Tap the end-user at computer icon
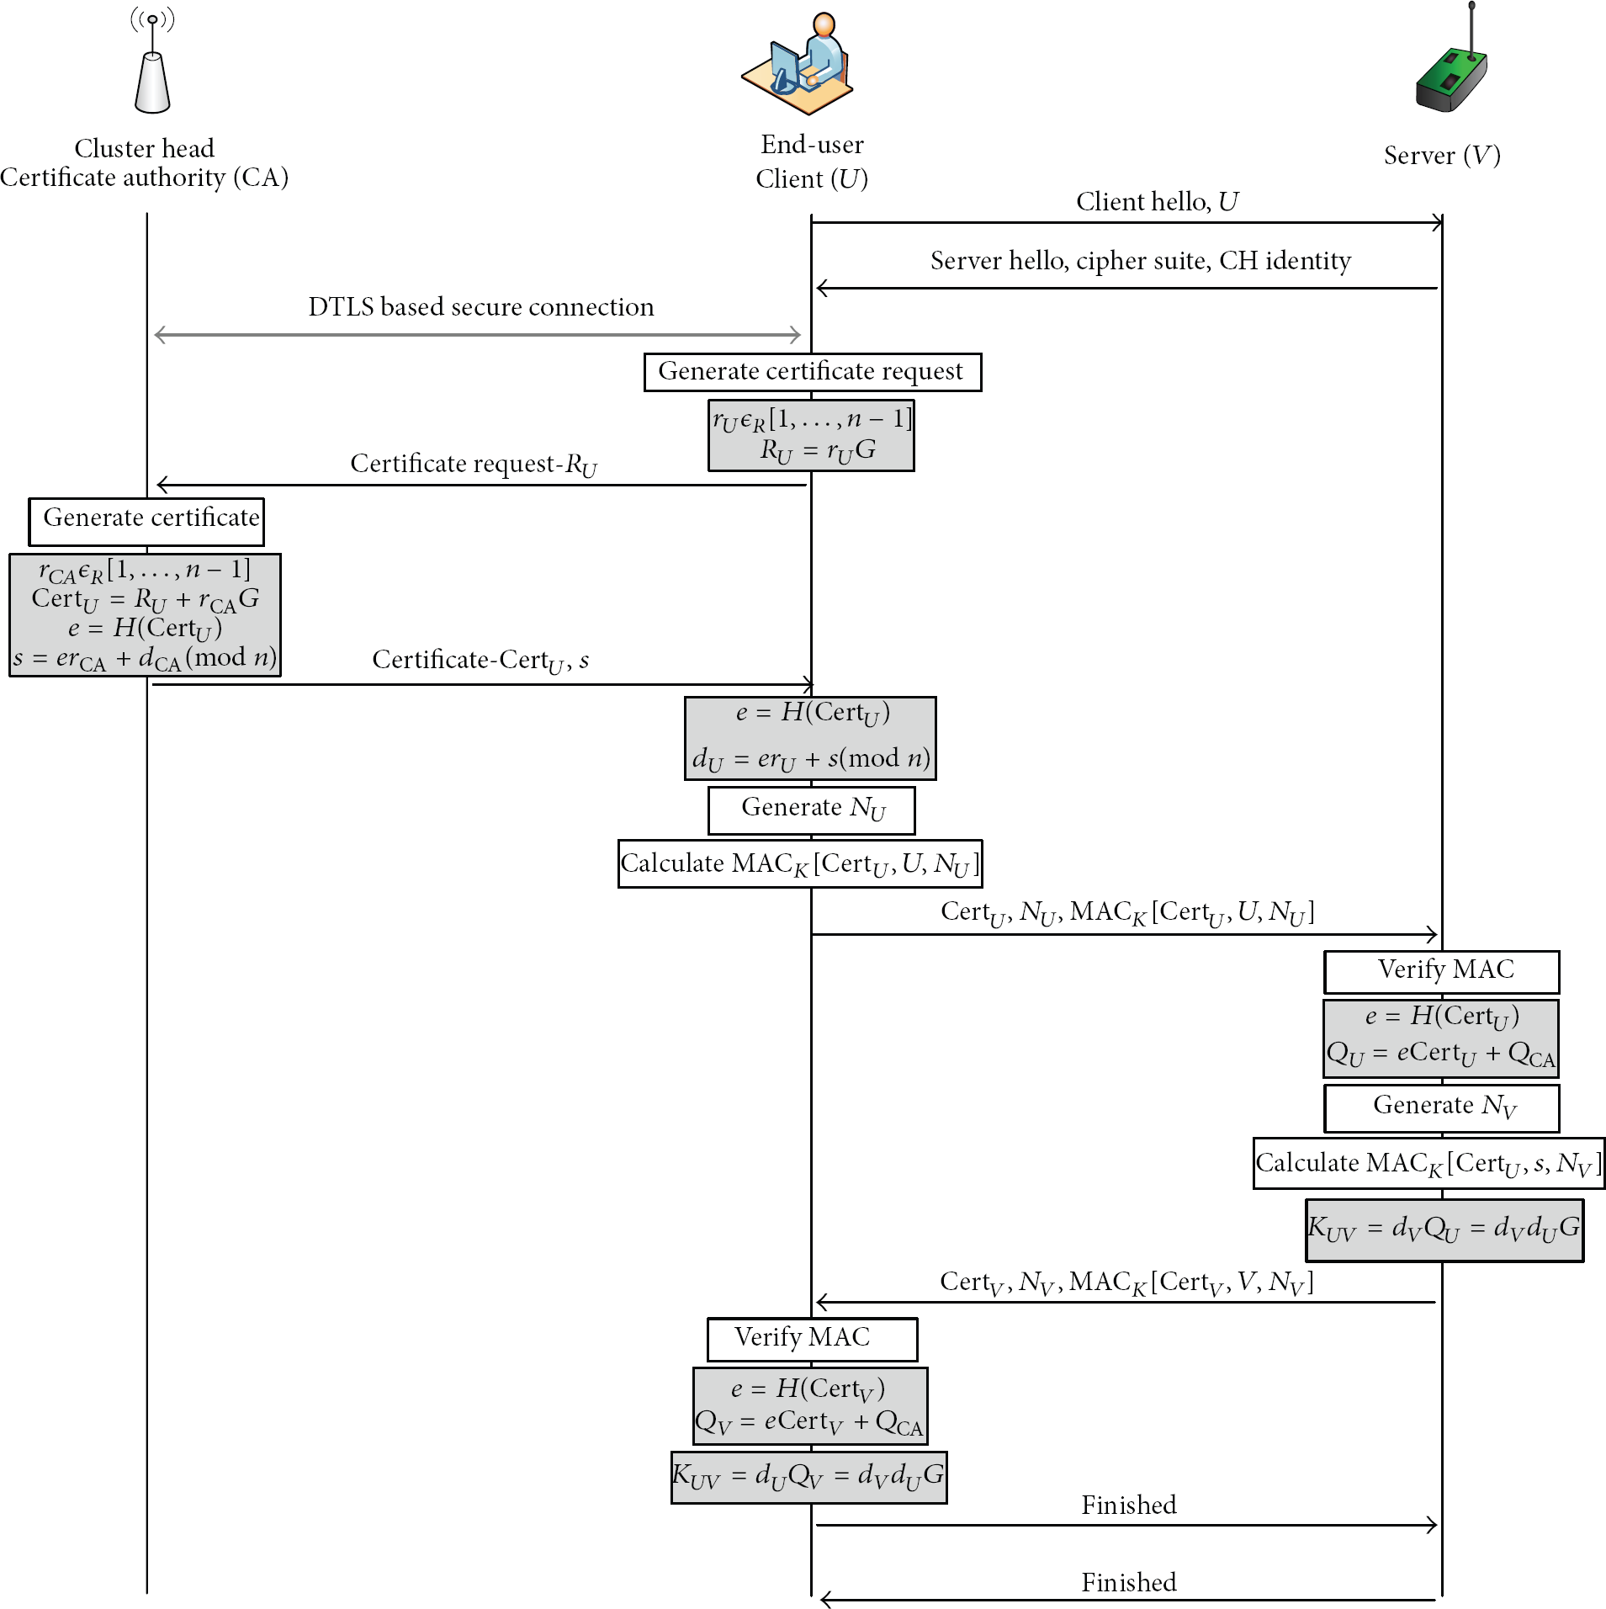pos(798,64)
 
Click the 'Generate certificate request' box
pos(813,372)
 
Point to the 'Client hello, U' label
pos(1157,202)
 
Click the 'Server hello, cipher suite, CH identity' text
pos(1141,261)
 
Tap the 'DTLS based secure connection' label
pos(481,307)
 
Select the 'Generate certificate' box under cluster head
pos(146,522)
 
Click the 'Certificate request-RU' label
pos(474,465)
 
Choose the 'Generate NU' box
pos(812,810)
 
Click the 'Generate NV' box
pos(1442,1108)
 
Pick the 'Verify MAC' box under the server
pos(1442,972)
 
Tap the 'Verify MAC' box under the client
pos(813,1339)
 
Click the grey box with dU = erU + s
pos(810,738)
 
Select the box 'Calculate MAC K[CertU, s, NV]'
pos(1429,1164)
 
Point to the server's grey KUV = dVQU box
pos(1444,1230)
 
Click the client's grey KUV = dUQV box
pos(809,1477)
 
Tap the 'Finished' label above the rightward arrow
pos(1129,1505)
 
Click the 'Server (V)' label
pos(1442,156)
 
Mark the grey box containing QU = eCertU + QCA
pos(1441,1038)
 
